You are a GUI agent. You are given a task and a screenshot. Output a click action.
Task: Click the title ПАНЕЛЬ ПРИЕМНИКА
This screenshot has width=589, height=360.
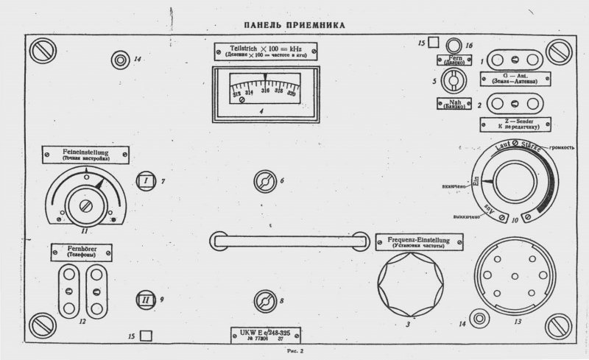294,25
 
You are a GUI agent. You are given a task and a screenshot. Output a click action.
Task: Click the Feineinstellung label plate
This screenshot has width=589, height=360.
87,154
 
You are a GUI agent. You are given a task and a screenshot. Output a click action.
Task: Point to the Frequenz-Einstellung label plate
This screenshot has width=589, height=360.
419,242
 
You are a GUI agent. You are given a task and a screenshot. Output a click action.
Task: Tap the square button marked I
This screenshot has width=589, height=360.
147,180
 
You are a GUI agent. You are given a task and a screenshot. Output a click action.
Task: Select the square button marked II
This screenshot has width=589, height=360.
146,300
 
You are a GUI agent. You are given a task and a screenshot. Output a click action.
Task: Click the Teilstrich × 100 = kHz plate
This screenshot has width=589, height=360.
265,52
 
